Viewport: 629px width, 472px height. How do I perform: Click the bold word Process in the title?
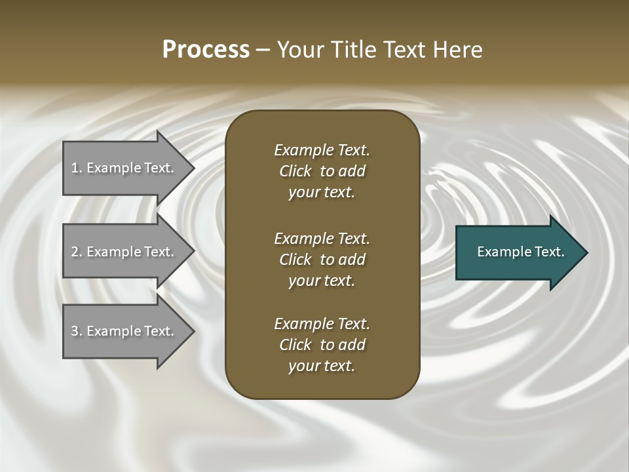tap(206, 50)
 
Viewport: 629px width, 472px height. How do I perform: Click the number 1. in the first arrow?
tap(76, 168)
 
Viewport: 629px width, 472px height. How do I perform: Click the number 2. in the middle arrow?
tap(76, 252)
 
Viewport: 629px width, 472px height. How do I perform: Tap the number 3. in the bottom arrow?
tap(76, 331)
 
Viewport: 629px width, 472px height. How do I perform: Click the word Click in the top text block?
tap(295, 171)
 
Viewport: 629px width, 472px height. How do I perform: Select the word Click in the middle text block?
tap(295, 260)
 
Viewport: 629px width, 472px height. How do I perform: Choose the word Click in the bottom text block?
tap(295, 345)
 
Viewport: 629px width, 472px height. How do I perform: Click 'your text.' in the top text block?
tap(322, 193)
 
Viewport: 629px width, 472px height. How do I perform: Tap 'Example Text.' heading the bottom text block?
tap(322, 324)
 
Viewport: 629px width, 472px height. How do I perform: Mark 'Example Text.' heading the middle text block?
tap(322, 238)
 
